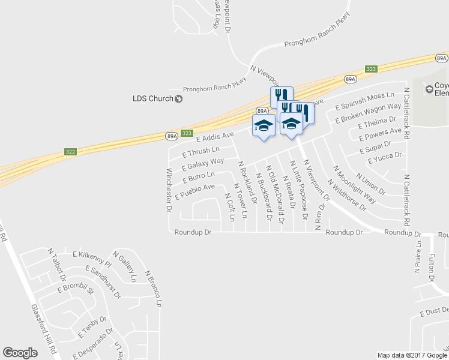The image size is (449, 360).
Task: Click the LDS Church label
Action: [x=152, y=98]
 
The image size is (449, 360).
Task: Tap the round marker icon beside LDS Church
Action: [x=178, y=98]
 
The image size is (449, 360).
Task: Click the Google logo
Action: [x=20, y=353]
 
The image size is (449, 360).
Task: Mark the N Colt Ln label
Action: [x=229, y=206]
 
